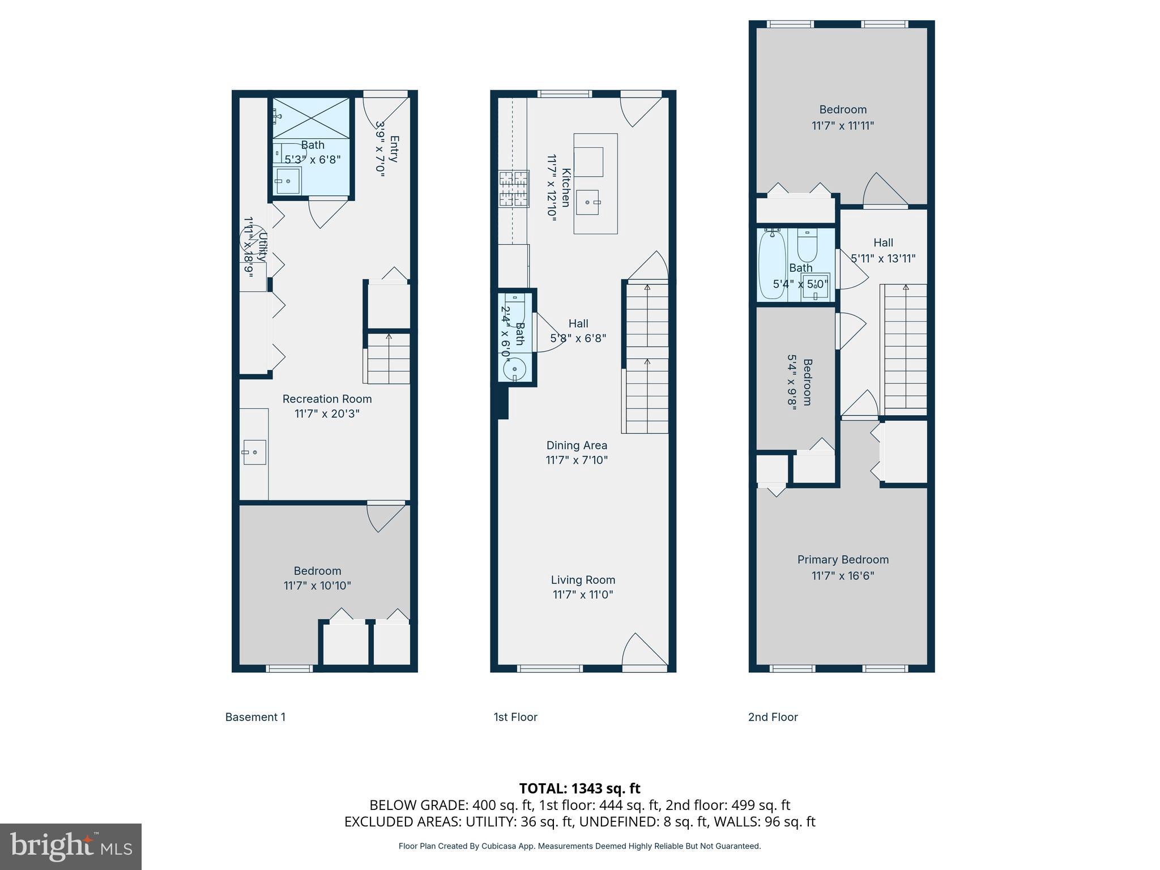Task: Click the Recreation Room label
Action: pos(327,399)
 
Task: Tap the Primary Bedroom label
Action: pos(843,560)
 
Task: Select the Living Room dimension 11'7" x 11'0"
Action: pos(583,595)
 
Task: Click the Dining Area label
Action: pos(577,445)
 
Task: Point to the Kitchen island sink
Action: pos(588,202)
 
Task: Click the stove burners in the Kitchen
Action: pos(514,189)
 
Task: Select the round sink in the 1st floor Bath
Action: pos(514,369)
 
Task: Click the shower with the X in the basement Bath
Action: pos(311,118)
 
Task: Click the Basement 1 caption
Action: pos(255,717)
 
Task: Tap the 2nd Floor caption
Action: pos(773,717)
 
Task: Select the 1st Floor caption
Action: pos(515,717)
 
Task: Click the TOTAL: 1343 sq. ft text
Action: pos(579,788)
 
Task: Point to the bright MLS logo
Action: pos(71,846)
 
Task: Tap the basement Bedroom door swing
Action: pos(385,517)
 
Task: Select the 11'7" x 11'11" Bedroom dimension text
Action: pos(843,126)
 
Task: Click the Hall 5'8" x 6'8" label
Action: pos(578,331)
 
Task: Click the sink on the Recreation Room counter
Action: pos(254,452)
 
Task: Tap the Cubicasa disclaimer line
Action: pos(579,846)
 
